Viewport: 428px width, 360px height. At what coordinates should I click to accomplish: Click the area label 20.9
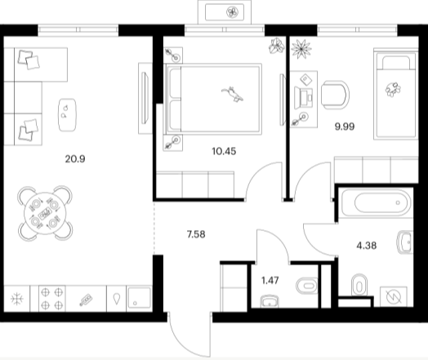(x=75, y=158)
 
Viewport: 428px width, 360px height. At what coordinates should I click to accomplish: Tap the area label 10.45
(x=224, y=151)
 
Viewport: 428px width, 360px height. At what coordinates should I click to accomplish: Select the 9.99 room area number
(x=345, y=127)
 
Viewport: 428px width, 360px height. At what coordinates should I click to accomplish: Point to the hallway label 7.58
(x=196, y=234)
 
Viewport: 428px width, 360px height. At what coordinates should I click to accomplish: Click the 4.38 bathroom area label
(x=367, y=246)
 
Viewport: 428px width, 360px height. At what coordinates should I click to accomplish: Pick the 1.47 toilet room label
(x=270, y=280)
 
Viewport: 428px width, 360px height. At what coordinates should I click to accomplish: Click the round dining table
(x=45, y=213)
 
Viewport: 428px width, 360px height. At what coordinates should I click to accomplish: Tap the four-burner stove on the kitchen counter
(x=51, y=298)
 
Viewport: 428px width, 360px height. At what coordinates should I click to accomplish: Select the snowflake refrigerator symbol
(x=17, y=299)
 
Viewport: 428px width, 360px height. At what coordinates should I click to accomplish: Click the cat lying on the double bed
(x=232, y=94)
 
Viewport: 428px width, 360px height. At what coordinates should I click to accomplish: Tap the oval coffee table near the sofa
(x=67, y=115)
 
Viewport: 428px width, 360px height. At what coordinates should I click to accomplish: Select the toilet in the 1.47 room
(x=307, y=286)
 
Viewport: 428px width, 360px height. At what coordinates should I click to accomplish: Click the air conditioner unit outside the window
(x=225, y=12)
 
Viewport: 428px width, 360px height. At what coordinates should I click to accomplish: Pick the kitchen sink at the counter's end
(x=139, y=298)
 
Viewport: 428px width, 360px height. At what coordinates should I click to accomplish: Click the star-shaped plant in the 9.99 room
(x=301, y=49)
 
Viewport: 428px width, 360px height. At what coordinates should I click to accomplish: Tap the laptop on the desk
(x=304, y=96)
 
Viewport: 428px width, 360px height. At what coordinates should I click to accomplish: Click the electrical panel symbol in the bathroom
(x=394, y=296)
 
